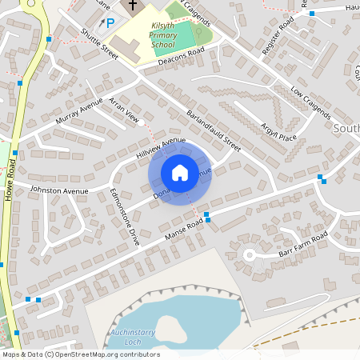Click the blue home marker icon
(180, 172)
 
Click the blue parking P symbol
(110, 23)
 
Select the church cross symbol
(132, 6)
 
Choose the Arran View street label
(123, 113)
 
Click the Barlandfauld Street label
(213, 129)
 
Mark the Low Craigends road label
(310, 102)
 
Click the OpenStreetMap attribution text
(80, 354)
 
